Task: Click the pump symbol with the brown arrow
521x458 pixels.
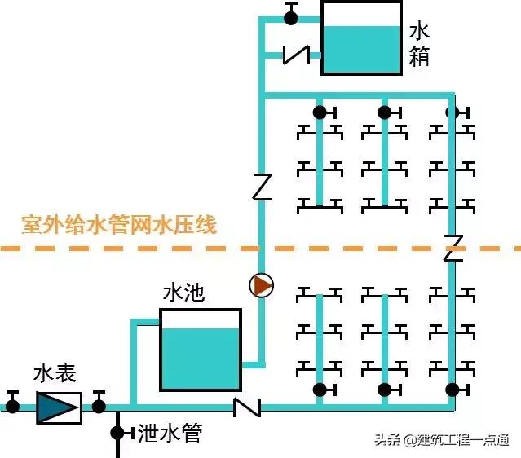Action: click(262, 286)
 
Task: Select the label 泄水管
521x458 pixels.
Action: click(170, 433)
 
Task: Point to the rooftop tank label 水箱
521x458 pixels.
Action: click(419, 44)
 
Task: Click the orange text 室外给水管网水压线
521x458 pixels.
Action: click(119, 224)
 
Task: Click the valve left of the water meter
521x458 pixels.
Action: click(12, 403)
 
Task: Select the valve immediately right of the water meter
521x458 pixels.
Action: click(99, 403)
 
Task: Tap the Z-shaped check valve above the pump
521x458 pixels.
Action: click(262, 187)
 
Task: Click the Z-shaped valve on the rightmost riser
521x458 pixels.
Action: click(453, 248)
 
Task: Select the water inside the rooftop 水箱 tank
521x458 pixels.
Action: click(361, 50)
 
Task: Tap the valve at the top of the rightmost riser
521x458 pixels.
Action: click(453, 112)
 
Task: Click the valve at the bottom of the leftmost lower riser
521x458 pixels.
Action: click(320, 390)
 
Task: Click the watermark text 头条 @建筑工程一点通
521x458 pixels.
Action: click(441, 440)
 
